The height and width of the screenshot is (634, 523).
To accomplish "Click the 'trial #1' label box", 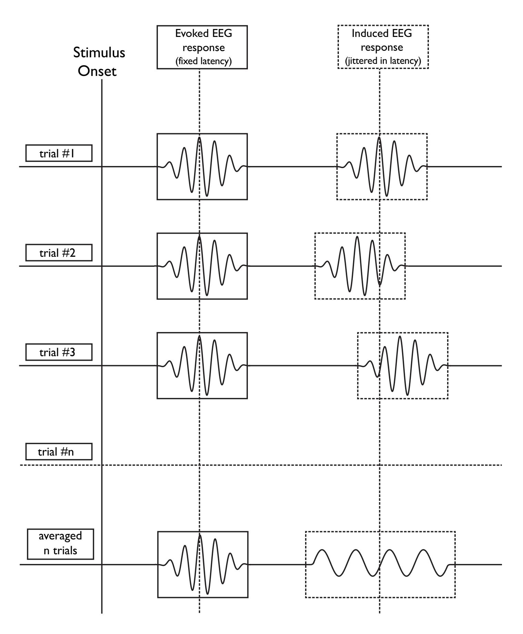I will (59, 154).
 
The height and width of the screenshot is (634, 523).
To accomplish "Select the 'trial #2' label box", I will (59, 253).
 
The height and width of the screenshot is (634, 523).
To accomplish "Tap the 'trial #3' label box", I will (59, 352).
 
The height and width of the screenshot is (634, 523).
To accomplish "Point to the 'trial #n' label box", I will (59, 452).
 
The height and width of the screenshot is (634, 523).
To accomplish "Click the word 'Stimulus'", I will (99, 53).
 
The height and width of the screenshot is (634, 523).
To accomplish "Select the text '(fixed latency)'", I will (202, 61).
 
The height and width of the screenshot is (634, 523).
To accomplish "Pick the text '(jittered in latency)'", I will (383, 61).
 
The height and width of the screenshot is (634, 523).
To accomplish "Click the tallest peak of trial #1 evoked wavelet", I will (199, 138).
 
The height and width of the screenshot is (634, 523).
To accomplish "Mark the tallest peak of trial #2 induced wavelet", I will (357, 237).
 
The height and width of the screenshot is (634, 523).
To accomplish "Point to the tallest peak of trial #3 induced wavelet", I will (400, 336).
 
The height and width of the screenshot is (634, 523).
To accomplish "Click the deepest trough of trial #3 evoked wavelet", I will (207, 394).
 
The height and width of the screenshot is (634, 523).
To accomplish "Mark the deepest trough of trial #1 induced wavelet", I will (387, 196).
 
